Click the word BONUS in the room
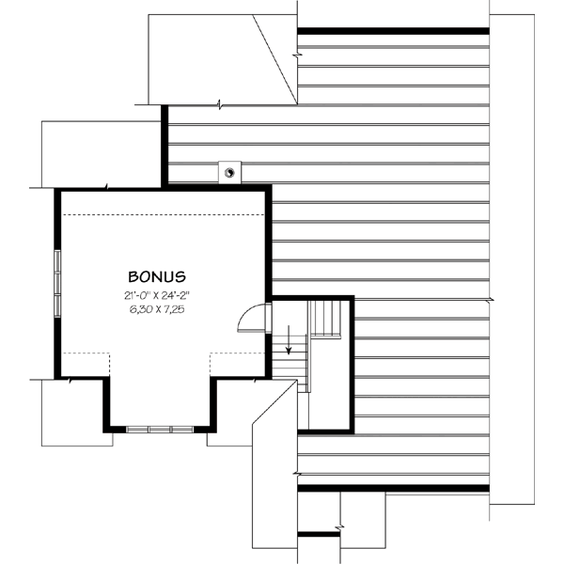pos(157,277)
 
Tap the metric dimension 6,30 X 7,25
pos(157,309)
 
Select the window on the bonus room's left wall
pos(57,272)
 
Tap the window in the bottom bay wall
pos(159,429)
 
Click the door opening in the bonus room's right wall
pos(269,317)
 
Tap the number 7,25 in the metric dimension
pos(173,309)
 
